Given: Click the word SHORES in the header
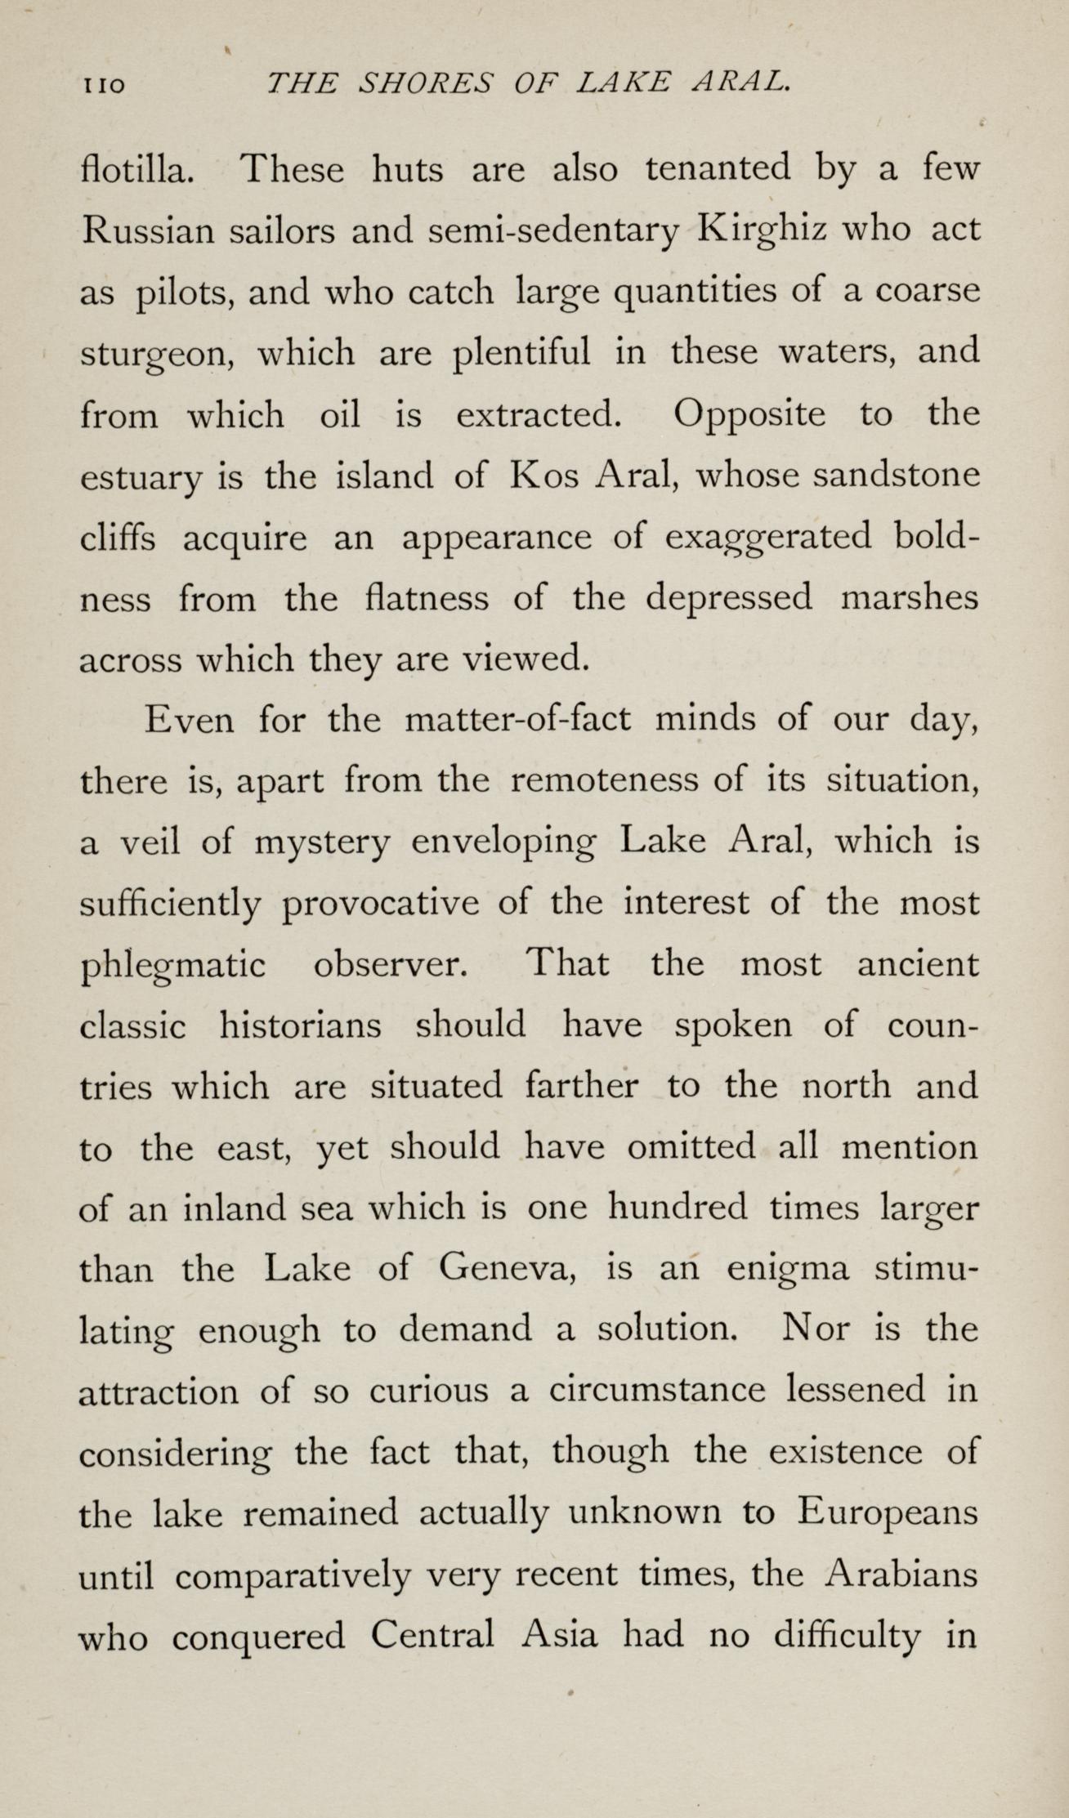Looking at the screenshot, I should coord(426,82).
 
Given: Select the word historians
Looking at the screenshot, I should coord(300,1025).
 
